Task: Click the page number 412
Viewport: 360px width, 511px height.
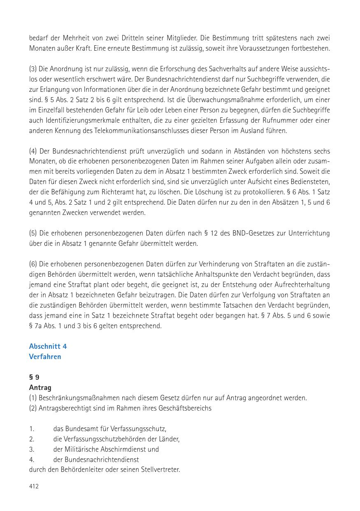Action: (34, 486)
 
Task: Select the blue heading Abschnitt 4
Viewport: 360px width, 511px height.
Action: (48, 346)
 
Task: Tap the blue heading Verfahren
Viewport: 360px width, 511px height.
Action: (45, 357)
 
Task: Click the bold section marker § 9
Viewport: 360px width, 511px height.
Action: (34, 377)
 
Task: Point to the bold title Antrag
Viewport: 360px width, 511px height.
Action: (40, 387)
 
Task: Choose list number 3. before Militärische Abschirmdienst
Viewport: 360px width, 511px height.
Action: (31, 449)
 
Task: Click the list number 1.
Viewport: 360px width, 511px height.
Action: (31, 429)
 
